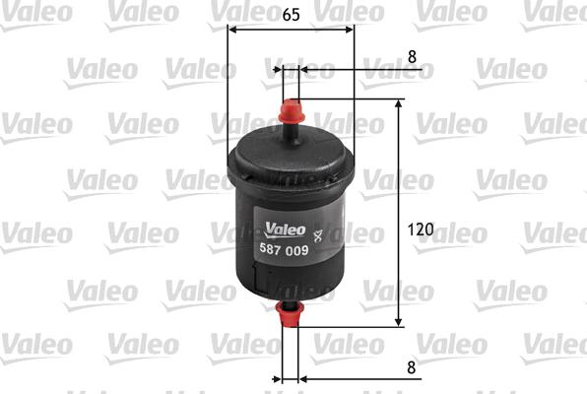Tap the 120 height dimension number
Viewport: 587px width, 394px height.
pos(421,230)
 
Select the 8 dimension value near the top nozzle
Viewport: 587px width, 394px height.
pos(412,56)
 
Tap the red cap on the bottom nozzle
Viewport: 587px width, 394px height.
pos(291,315)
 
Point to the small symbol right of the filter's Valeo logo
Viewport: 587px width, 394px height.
pos(316,234)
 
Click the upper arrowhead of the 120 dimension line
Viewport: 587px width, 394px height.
pos(398,103)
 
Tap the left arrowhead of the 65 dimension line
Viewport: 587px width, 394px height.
pos(232,29)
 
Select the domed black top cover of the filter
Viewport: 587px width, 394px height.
pos(291,158)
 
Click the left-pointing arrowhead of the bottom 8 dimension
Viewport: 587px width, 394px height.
pos(304,378)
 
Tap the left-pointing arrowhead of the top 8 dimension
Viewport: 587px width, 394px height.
pos(304,70)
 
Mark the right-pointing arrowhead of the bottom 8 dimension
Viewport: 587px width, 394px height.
pos(277,378)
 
